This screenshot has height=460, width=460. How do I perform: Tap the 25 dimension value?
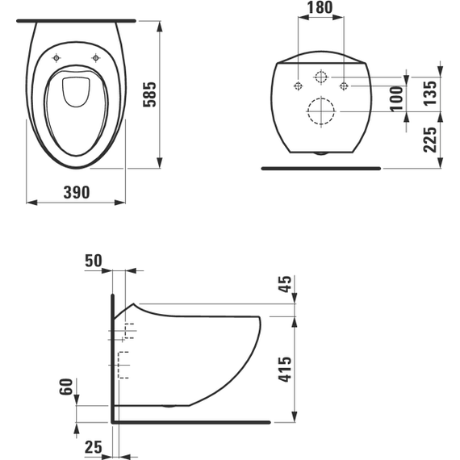(x=94, y=445)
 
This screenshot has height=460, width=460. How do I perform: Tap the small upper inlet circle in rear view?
(x=321, y=77)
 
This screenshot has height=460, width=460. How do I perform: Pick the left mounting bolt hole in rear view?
(x=299, y=85)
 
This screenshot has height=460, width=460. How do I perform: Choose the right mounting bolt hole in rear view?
(x=344, y=85)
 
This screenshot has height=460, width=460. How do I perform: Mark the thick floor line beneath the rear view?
(x=321, y=169)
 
